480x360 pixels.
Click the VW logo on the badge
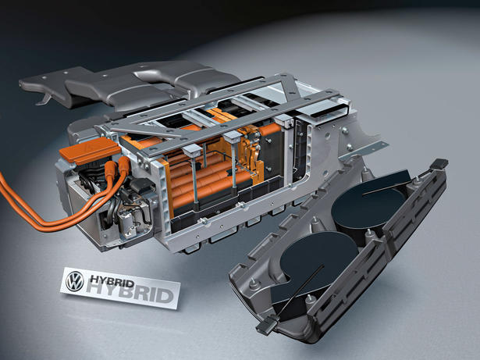pos(74,281)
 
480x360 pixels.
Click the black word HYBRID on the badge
pos(112,280)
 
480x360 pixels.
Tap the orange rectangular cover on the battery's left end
pos(90,150)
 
